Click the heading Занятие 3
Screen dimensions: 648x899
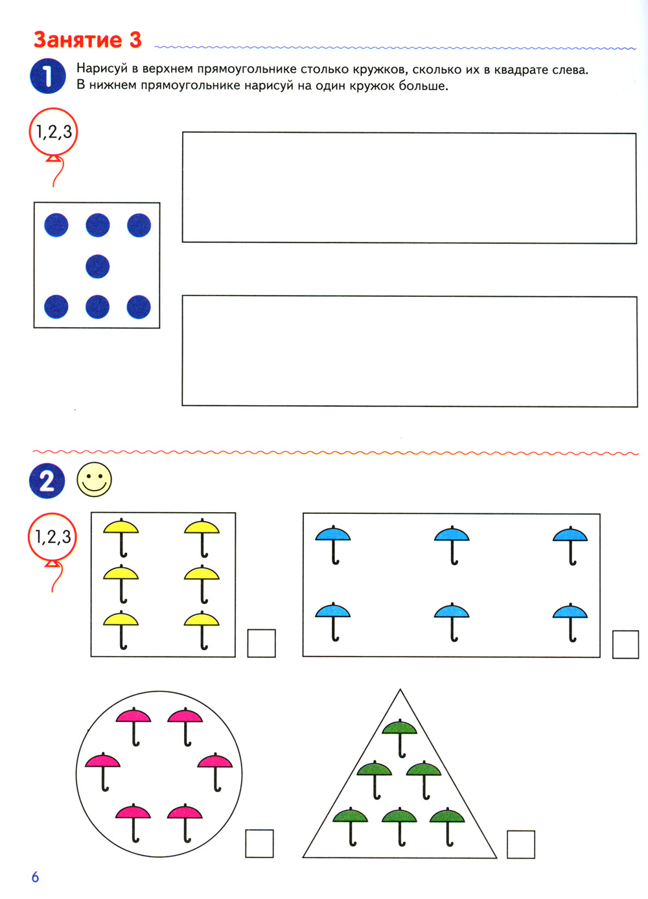point(87,40)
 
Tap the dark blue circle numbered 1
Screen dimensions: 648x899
point(48,76)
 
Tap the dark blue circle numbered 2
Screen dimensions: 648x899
point(47,481)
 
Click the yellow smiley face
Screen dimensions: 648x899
point(95,480)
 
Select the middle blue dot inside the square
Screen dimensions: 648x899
point(97,266)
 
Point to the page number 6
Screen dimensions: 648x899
point(35,878)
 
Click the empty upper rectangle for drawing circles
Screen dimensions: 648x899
point(410,187)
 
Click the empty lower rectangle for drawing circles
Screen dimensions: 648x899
point(410,351)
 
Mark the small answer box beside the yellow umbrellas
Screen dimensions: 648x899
point(261,644)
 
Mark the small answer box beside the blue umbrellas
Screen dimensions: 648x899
point(625,644)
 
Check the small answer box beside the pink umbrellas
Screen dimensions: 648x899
point(259,844)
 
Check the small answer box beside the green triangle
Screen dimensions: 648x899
point(521,845)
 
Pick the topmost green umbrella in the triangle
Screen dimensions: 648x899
point(400,737)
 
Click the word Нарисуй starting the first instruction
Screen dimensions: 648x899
point(102,69)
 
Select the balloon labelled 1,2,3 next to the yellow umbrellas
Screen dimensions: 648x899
point(52,537)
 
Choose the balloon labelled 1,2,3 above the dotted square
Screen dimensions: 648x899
point(53,132)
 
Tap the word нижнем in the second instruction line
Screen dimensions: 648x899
point(112,86)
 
